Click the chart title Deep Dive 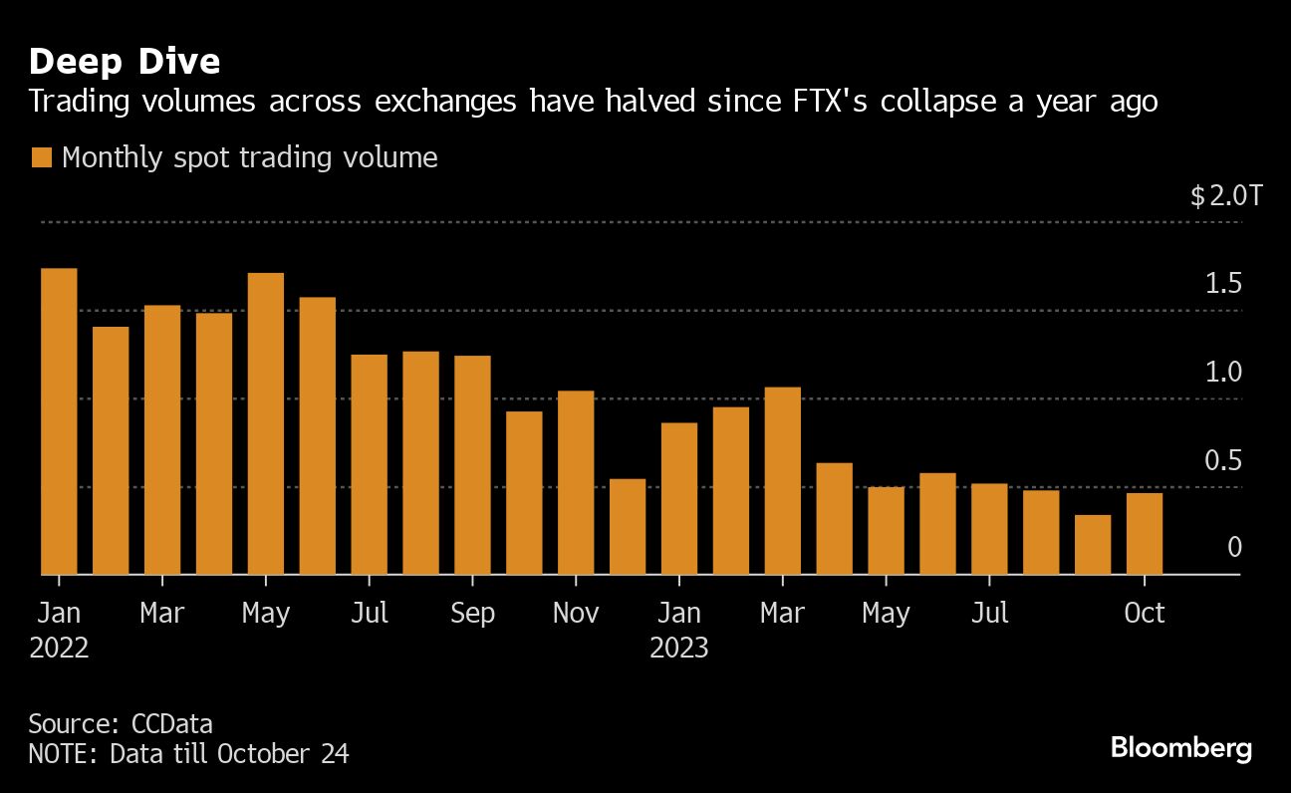[x=125, y=62]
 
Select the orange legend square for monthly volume [x=41, y=158]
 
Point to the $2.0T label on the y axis [x=1225, y=196]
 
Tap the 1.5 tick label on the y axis [x=1223, y=284]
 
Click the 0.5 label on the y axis [x=1223, y=461]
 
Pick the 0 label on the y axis [x=1234, y=547]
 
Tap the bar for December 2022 [x=628, y=527]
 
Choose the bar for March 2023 [x=782, y=481]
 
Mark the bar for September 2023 [x=1093, y=545]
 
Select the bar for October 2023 [x=1145, y=534]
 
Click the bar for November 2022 [x=576, y=483]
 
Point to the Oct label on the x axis [x=1145, y=613]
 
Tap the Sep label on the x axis [x=472, y=613]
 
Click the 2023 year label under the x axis [x=679, y=649]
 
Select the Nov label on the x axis [x=576, y=613]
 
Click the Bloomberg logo [x=1181, y=748]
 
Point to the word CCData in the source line [x=171, y=723]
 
